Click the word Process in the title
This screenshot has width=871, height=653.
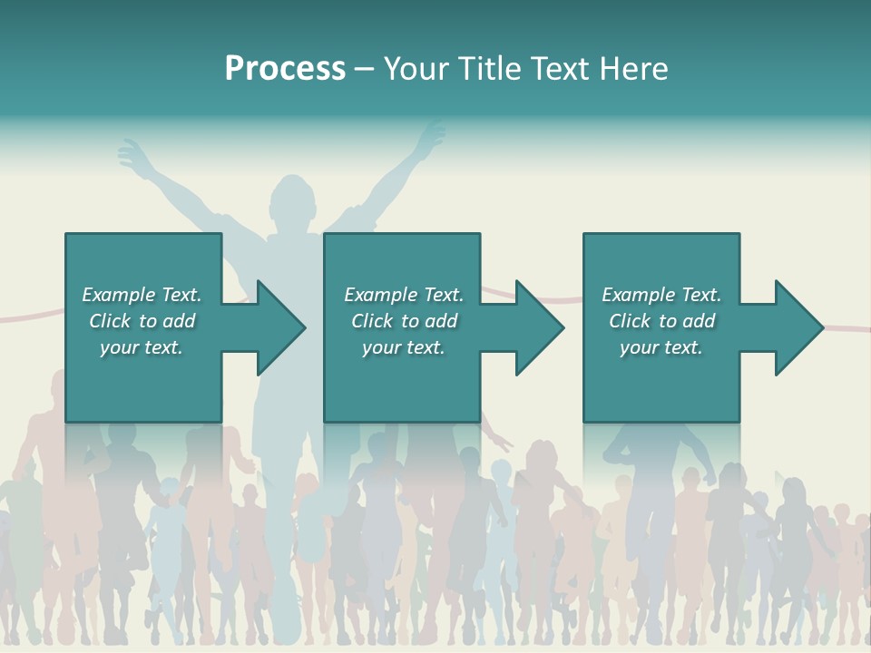285,69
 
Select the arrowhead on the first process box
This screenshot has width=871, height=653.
280,327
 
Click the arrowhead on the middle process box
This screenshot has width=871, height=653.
539,327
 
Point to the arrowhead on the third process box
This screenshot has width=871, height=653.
798,327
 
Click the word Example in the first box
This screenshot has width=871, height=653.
119,295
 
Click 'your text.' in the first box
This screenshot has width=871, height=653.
142,347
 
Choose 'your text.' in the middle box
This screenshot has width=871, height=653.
404,347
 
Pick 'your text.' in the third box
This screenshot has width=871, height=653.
661,347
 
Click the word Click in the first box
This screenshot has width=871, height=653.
110,321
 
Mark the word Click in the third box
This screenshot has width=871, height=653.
630,321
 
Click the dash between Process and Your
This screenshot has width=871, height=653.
365,69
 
